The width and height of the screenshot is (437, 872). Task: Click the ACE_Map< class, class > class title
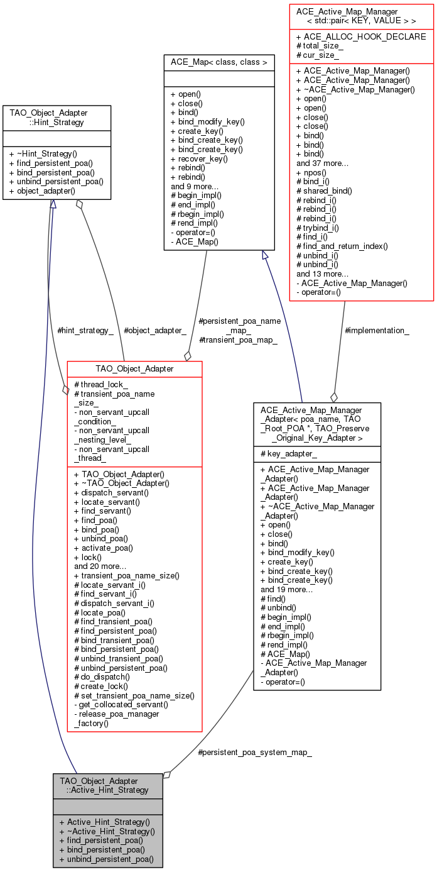click(218, 62)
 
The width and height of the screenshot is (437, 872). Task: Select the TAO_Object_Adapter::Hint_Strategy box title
click(57, 118)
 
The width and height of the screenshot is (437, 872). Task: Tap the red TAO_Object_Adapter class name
click(134, 368)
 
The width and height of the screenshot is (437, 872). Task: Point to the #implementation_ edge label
click(377, 330)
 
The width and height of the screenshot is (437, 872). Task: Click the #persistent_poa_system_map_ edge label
click(254, 751)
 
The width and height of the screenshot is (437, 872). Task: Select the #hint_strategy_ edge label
click(85, 330)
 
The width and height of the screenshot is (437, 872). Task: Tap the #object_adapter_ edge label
click(154, 330)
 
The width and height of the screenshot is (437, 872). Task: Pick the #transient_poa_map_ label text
click(238, 339)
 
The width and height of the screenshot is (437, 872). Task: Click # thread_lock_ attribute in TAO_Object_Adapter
click(101, 384)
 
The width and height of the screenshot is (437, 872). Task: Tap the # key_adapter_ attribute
click(288, 453)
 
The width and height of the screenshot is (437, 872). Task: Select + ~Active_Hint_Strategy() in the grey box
click(107, 831)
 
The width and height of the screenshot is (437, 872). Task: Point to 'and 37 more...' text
click(322, 163)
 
